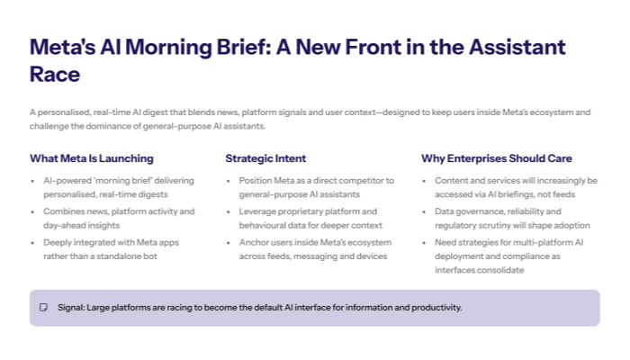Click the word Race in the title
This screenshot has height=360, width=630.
click(55, 75)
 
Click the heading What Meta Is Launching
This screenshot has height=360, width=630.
click(91, 158)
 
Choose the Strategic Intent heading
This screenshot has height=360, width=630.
click(265, 158)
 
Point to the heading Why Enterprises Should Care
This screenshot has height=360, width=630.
click(497, 158)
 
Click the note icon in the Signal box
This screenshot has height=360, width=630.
click(43, 308)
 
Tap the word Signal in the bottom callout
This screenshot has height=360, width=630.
click(70, 308)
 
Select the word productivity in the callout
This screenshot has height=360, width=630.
click(435, 308)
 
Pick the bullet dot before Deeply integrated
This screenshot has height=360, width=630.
click(33, 243)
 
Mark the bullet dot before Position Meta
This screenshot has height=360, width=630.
click(229, 181)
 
